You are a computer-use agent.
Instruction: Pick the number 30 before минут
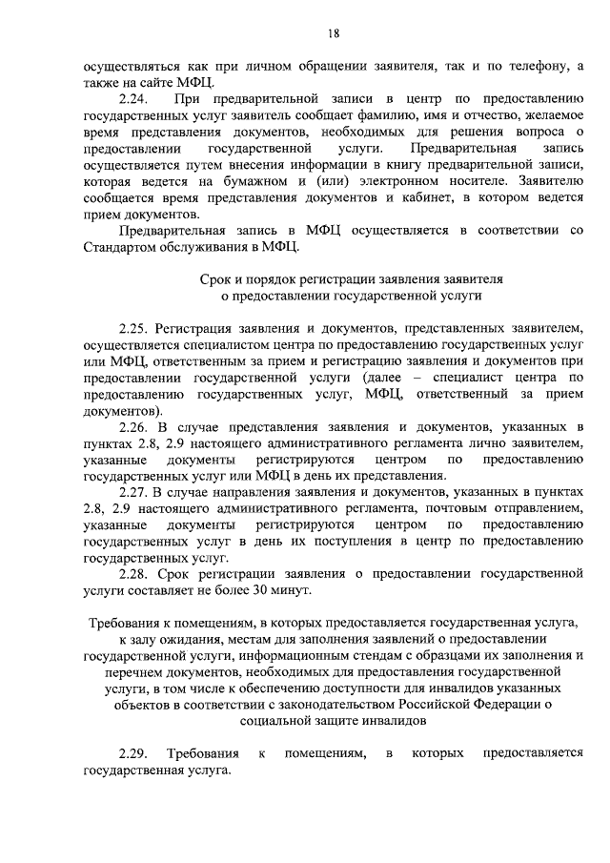point(256,591)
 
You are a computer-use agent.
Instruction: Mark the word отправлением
point(539,509)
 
